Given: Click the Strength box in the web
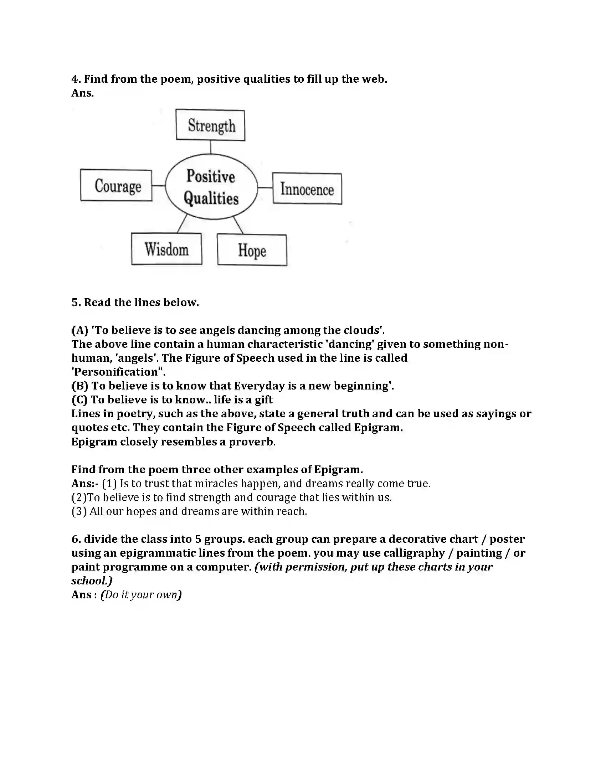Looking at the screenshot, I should tap(210, 125).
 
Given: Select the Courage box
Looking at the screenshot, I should tap(116, 186).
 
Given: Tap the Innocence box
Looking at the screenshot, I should tap(307, 189).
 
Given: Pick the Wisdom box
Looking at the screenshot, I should tap(166, 249).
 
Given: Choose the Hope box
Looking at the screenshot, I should tap(252, 250).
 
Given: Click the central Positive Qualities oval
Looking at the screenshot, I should tap(211, 187).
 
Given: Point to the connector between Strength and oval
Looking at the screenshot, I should tap(211, 147).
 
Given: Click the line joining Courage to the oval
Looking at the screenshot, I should tap(158, 186).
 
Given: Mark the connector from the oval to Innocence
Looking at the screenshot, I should tap(265, 187).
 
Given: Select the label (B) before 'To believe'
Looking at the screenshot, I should tap(80, 386).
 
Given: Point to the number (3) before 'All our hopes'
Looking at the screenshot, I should tap(79, 511).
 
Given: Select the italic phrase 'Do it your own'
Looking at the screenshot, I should tap(141, 595).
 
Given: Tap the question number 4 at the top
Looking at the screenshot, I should tap(75, 79).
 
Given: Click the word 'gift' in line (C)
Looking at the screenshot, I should tap(263, 399).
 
